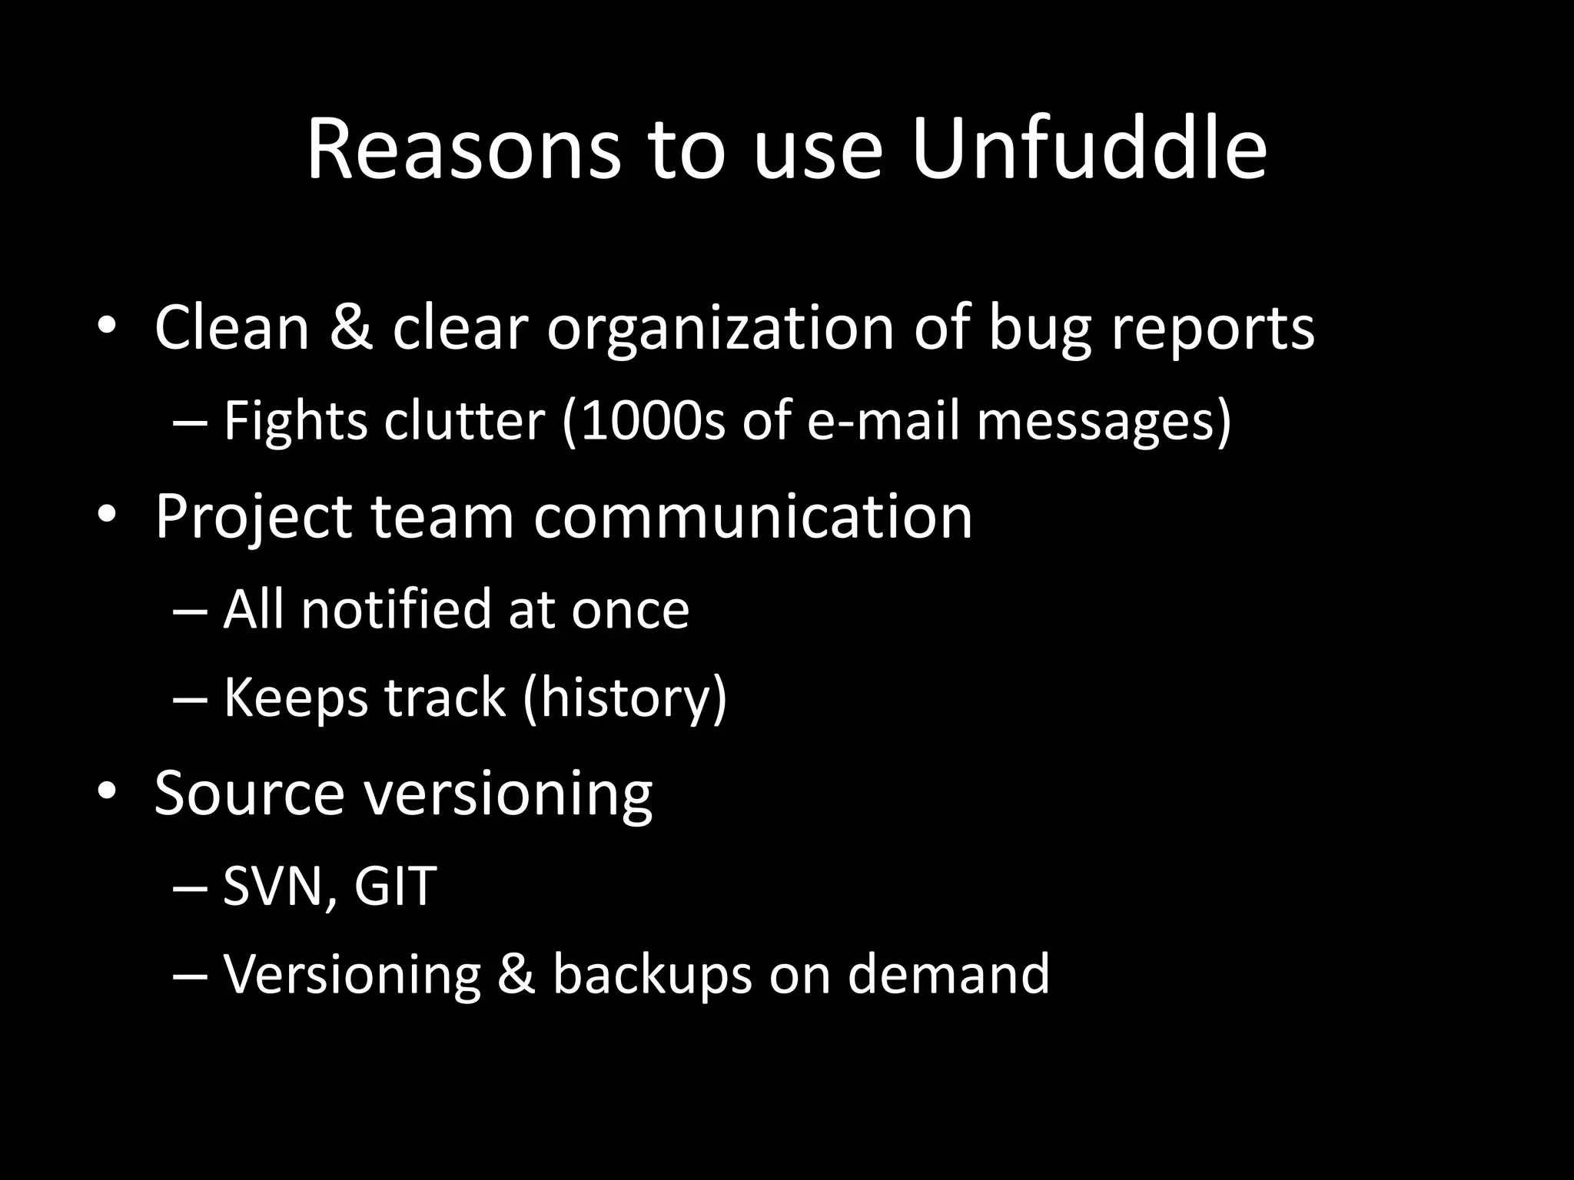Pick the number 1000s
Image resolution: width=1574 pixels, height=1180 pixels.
point(653,421)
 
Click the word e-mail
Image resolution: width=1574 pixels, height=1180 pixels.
point(883,421)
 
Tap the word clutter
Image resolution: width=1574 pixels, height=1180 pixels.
point(464,421)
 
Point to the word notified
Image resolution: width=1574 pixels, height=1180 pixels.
point(395,609)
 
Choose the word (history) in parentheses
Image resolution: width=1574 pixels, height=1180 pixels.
point(624,699)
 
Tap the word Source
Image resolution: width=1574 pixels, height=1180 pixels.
point(249,793)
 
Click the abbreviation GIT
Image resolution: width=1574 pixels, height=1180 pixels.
point(395,886)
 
